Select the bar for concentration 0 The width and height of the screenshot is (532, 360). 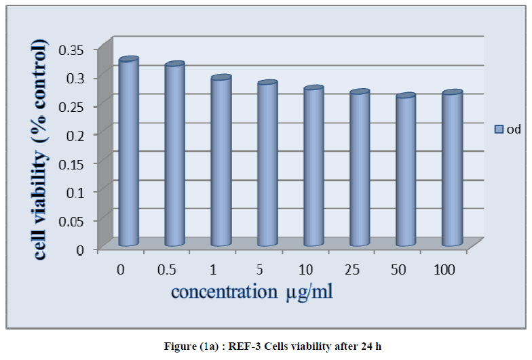click(128, 153)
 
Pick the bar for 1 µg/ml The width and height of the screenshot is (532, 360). click(221, 161)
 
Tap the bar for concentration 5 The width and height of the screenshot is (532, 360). click(267, 164)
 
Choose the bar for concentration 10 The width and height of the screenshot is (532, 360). click(313, 167)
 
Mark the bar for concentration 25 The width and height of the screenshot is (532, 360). click(359, 169)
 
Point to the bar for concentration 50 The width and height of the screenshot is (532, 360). click(405, 171)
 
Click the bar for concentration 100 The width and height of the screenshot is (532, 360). click(451, 169)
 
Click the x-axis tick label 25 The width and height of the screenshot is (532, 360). click(351, 270)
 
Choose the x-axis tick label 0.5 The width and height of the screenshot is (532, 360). click(167, 270)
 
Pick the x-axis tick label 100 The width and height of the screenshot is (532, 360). click(444, 270)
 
